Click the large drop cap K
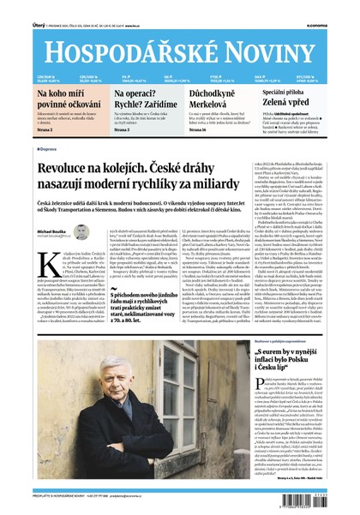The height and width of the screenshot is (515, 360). point(45,258)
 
